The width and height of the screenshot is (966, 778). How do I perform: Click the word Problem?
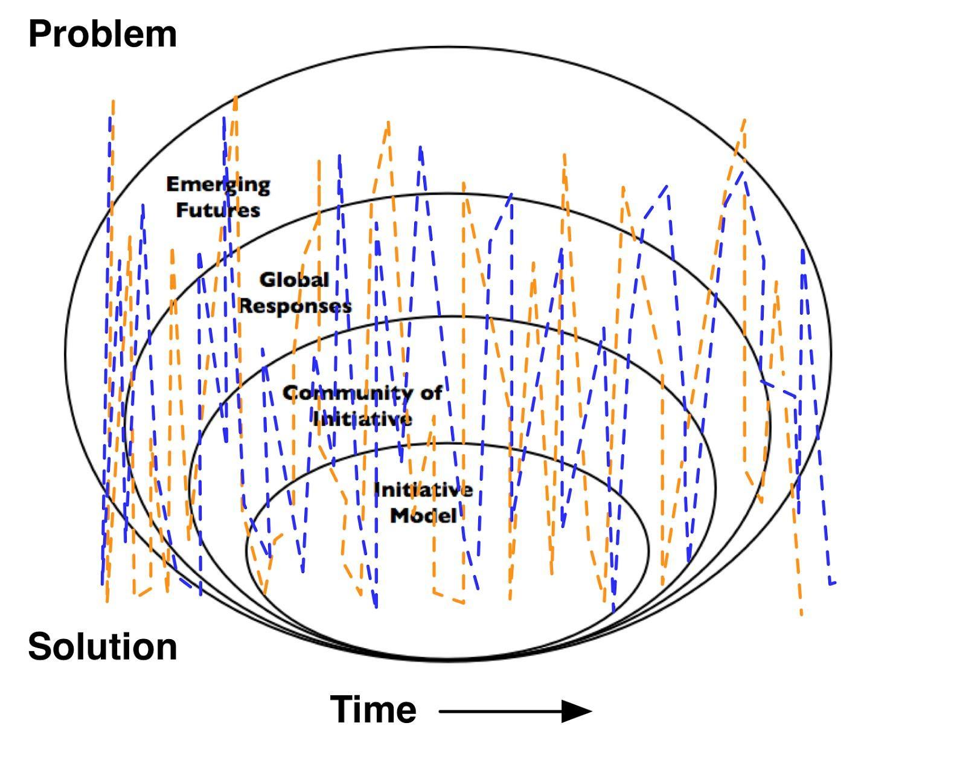coord(102,34)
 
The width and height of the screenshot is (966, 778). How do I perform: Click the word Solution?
coord(102,646)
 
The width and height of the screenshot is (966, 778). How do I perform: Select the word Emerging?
coord(218,185)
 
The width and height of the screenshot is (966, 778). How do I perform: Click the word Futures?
coord(218,210)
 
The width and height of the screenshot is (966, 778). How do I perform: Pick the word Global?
coord(294,280)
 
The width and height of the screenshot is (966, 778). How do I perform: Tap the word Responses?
coord(295,306)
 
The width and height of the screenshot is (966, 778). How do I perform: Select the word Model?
coord(423,516)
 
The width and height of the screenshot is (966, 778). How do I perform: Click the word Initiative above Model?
coord(423,490)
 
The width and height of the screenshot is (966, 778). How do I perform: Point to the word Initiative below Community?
coord(362,419)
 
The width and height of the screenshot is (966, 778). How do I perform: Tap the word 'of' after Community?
coord(431,393)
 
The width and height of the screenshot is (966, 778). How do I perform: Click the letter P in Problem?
coord(39,34)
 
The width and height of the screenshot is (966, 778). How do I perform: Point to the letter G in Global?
coord(267,280)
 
